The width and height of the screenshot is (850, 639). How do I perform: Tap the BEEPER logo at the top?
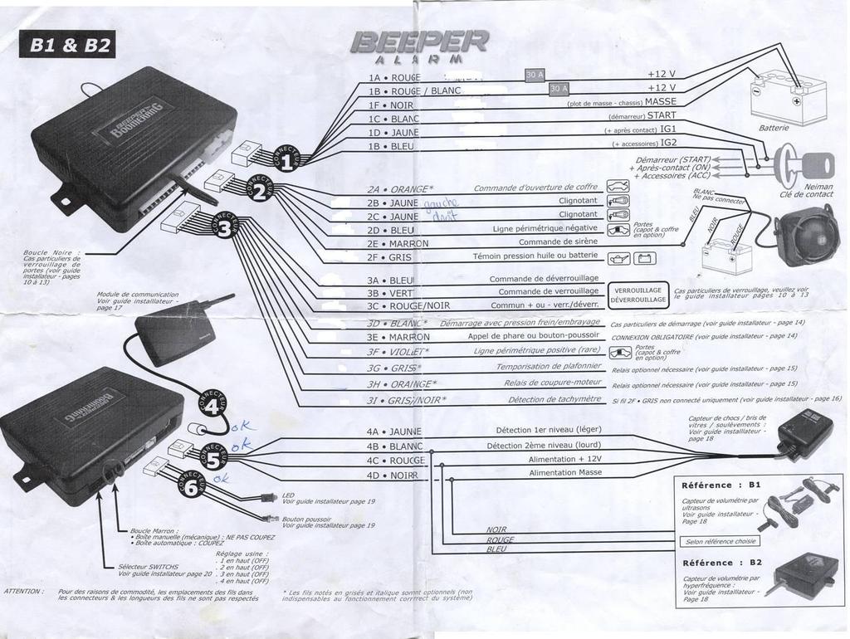pyautogui.click(x=421, y=41)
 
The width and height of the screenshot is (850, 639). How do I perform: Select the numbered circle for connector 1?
pyautogui.click(x=285, y=163)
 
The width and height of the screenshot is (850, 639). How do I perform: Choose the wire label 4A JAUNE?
pyautogui.click(x=394, y=432)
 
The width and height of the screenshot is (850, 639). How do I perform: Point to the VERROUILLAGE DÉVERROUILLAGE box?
pyautogui.click(x=637, y=295)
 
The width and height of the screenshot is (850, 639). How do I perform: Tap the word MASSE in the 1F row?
pyautogui.click(x=661, y=102)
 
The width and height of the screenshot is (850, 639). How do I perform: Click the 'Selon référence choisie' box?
pyautogui.click(x=719, y=541)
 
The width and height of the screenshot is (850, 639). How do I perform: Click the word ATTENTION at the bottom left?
pyautogui.click(x=23, y=591)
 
